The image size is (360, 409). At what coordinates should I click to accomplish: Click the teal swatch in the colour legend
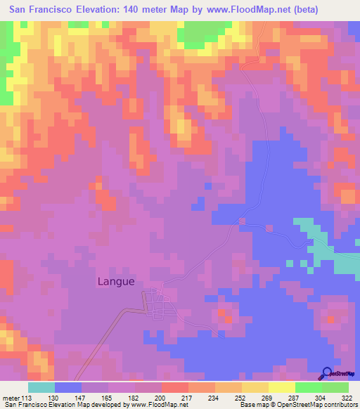(41, 387)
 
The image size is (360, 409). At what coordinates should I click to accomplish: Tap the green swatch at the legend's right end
(335, 387)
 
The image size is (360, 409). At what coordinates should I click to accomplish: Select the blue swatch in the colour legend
(67, 387)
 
